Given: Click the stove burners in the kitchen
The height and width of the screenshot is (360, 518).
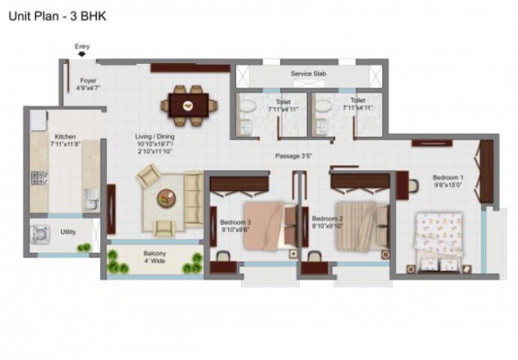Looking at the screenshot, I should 38,180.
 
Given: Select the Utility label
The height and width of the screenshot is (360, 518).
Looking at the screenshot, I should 68,232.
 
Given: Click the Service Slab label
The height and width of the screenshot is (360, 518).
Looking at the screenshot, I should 307,74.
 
